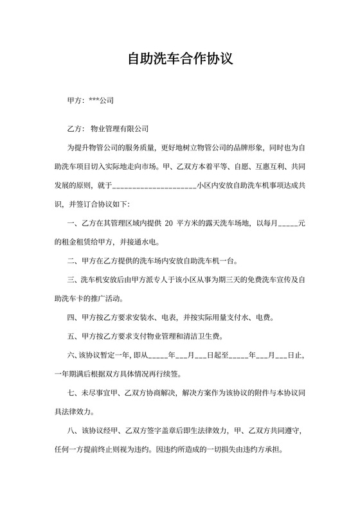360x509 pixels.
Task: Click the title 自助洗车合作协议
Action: pos(179,60)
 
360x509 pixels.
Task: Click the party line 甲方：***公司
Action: pos(91,101)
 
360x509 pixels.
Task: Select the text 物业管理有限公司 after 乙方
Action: pos(120,128)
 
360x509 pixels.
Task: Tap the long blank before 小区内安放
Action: pos(154,185)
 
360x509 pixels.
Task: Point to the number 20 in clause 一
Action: pos(169,223)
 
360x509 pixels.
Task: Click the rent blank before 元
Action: pos(286,223)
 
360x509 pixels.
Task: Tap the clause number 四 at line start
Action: pos(71,317)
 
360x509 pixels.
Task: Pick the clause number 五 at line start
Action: pos(71,336)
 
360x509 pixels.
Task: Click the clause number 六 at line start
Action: pos(71,355)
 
